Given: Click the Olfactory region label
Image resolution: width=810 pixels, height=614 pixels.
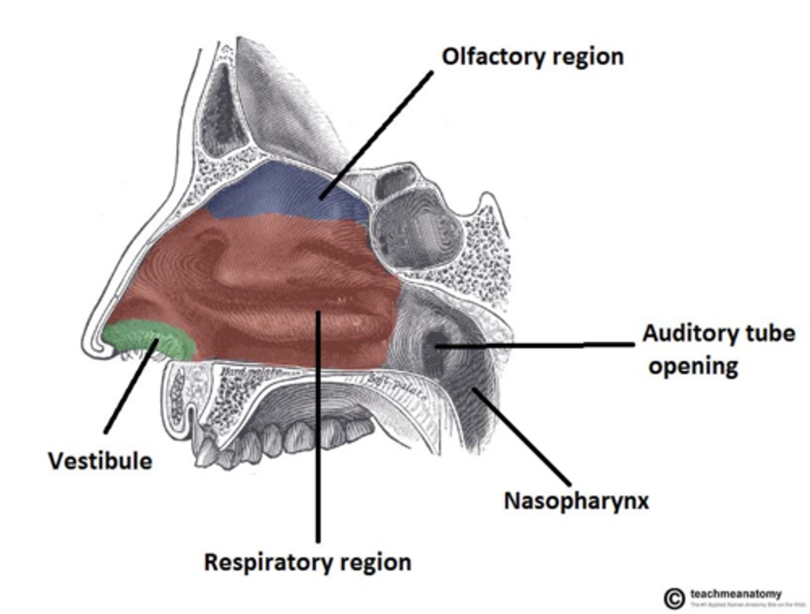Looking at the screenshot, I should click(x=532, y=57).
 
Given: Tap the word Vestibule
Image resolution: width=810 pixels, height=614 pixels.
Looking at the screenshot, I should click(x=100, y=461).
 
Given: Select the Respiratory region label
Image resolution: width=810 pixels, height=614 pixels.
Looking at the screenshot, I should click(x=307, y=562).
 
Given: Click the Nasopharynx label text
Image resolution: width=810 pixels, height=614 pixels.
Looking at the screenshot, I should click(x=576, y=500).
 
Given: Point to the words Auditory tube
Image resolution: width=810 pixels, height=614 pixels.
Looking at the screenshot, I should click(x=718, y=333).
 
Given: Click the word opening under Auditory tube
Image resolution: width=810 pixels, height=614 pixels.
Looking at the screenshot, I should click(x=693, y=366).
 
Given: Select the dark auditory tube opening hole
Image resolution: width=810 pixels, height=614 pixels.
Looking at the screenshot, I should click(x=436, y=342).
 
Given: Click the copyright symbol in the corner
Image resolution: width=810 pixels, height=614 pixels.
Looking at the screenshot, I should click(x=674, y=598).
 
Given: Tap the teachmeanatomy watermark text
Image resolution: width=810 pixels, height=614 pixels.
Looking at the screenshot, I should click(x=736, y=594).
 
